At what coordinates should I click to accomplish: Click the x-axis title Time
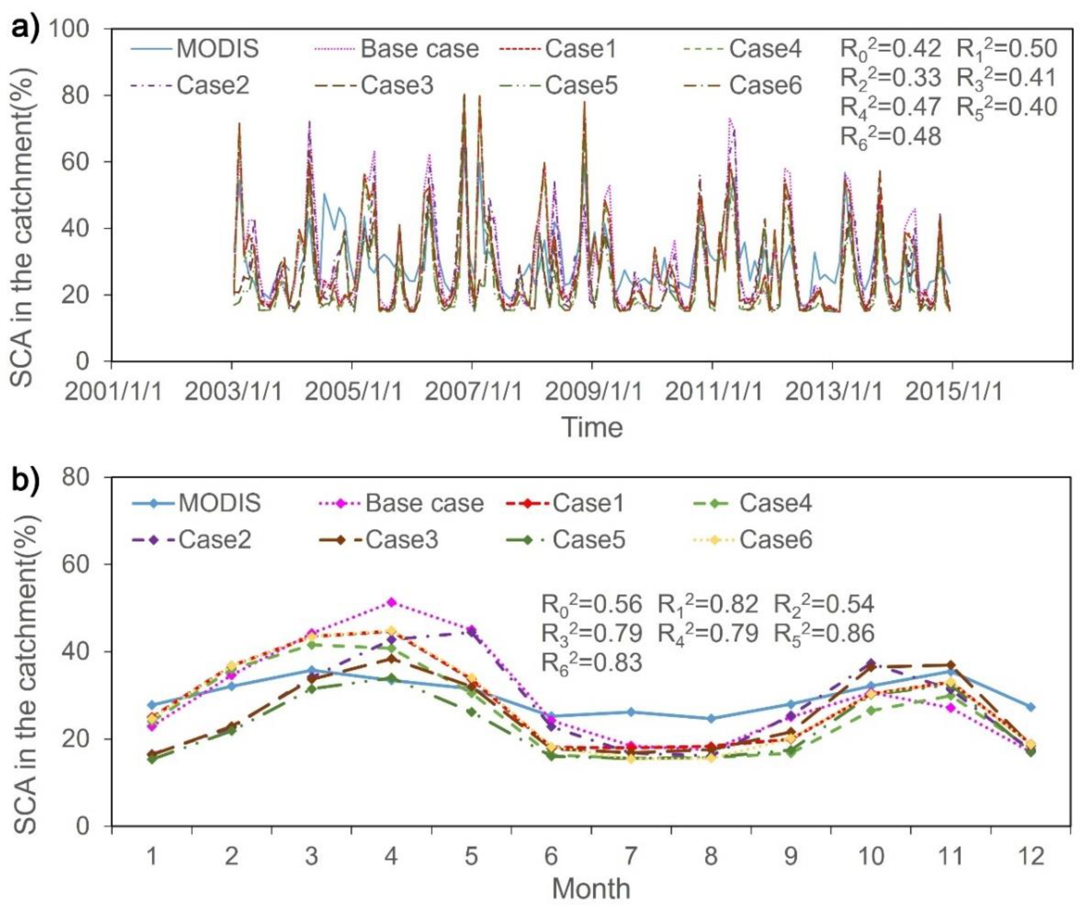592,427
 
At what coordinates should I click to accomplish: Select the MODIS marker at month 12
1030,707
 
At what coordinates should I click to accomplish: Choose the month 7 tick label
631,856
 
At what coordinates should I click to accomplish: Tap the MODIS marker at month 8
711,719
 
